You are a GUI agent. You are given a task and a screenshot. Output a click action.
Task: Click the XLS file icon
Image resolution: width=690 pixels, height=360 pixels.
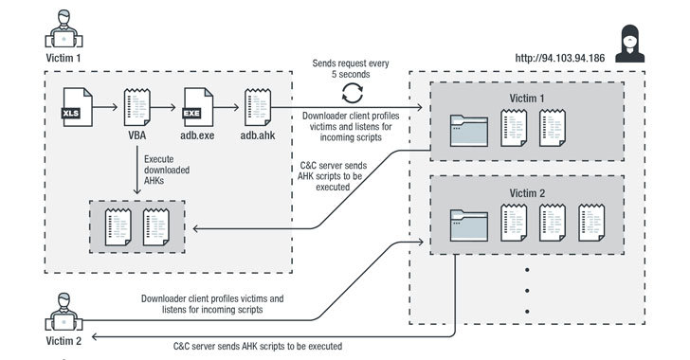(x=78, y=107)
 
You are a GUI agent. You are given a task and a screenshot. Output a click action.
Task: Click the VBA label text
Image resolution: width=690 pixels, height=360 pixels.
(x=136, y=135)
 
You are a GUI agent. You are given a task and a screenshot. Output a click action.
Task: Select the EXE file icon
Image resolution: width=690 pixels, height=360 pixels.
(x=197, y=107)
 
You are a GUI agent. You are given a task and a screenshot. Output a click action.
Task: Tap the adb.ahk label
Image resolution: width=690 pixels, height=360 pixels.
(x=258, y=135)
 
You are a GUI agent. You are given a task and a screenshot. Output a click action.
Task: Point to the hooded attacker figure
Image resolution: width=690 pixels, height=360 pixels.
(x=629, y=44)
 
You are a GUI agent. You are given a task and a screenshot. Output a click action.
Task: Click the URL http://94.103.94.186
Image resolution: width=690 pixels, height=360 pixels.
(x=560, y=58)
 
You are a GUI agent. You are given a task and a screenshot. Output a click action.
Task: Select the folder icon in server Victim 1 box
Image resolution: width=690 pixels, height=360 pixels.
(x=469, y=131)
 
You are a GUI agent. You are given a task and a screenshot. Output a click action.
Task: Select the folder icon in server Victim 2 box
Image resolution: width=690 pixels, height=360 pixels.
(x=469, y=225)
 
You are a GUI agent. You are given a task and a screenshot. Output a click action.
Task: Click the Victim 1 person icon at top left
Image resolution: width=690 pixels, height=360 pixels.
(x=64, y=29)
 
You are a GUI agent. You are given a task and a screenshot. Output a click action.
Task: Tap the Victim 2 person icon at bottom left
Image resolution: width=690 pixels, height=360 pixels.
(x=64, y=312)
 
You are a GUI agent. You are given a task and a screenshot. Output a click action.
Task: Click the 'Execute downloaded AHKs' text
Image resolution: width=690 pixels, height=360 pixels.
(x=167, y=170)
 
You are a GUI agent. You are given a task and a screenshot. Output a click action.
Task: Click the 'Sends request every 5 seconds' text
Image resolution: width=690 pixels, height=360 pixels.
(x=351, y=68)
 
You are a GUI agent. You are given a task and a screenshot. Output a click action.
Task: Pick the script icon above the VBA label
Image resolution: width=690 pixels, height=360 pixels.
(x=136, y=107)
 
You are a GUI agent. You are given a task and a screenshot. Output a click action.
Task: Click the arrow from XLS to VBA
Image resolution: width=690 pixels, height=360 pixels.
(x=105, y=107)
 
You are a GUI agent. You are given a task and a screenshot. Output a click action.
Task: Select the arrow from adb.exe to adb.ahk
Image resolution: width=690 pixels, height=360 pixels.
(x=227, y=107)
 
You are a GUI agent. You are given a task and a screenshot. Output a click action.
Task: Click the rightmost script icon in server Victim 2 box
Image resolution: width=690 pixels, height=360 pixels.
(x=591, y=223)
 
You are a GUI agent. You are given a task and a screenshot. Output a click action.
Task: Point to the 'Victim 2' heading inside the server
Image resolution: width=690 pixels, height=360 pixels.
(x=527, y=193)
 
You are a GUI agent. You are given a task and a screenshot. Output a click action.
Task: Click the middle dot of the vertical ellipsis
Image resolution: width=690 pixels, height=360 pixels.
(x=527, y=291)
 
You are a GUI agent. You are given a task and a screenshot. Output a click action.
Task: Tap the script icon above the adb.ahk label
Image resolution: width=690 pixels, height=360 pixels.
(x=258, y=107)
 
